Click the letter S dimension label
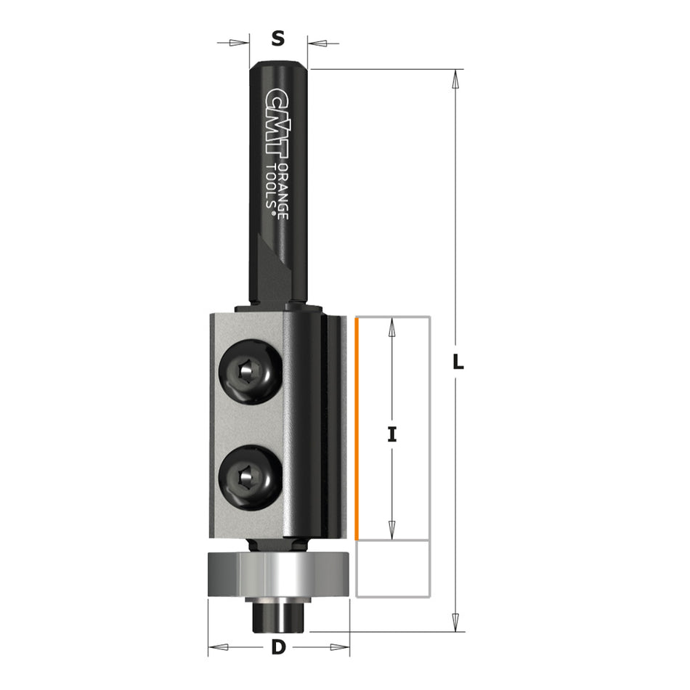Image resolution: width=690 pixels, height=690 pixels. [277, 39]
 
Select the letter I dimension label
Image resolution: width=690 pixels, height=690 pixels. [392, 434]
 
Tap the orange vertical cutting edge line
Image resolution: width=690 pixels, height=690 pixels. [357, 429]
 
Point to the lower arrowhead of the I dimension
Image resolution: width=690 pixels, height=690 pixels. [392, 530]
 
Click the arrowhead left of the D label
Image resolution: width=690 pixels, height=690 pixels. [220, 646]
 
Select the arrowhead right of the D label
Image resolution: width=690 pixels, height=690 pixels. [338, 646]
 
